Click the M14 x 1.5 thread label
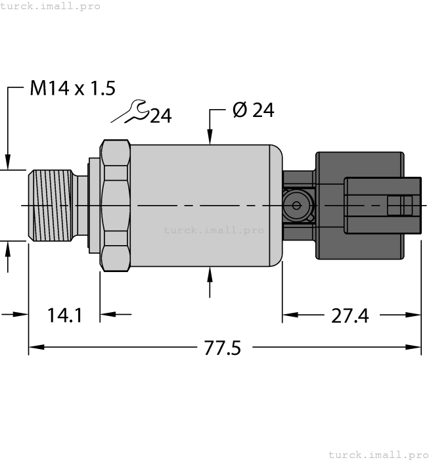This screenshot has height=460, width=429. [72, 88]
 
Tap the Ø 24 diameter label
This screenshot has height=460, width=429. [253, 110]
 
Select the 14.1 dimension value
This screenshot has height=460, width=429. [64, 315]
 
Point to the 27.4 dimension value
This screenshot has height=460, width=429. [350, 315]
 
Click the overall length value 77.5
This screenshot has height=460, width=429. [221, 348]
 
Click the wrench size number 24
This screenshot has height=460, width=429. [160, 116]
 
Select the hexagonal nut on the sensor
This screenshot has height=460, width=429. [114, 206]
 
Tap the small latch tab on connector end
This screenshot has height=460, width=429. [400, 206]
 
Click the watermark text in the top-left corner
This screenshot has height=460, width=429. [51, 6]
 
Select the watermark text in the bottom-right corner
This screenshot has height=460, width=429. [378, 454]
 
